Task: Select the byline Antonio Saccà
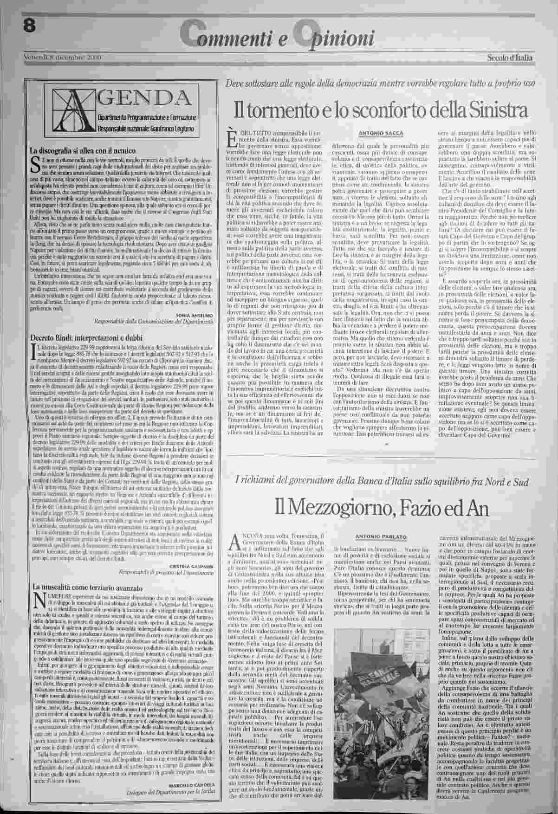[x=381, y=134]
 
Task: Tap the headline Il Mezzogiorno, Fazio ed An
[x=381, y=508]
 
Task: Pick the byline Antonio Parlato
[x=381, y=536]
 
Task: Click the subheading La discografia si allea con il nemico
[x=83, y=150]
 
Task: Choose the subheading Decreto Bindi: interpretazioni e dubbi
[x=86, y=337]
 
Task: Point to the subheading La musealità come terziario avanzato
[x=86, y=588]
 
